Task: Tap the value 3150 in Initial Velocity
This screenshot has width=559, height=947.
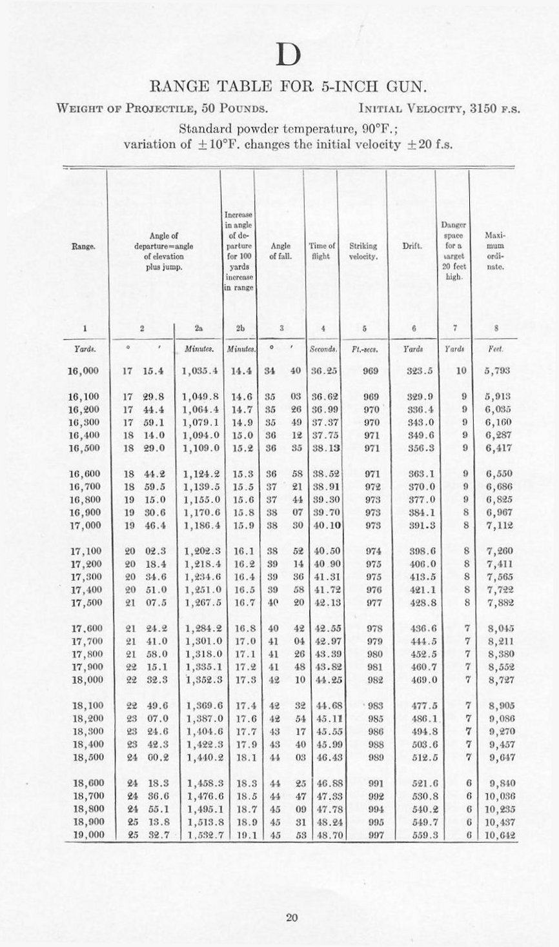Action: (x=486, y=108)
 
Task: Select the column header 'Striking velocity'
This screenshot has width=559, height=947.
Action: (x=363, y=250)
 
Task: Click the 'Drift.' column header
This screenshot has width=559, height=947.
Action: (x=412, y=246)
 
